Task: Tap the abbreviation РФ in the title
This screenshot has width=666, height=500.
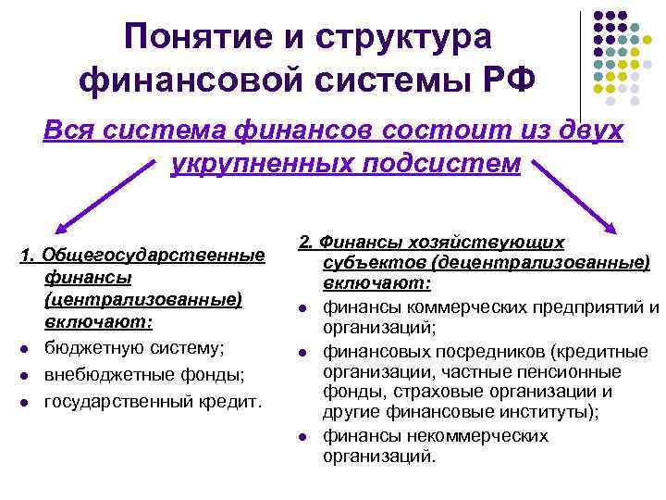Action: click(x=510, y=81)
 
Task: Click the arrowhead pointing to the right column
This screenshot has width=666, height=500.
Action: click(x=611, y=229)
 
